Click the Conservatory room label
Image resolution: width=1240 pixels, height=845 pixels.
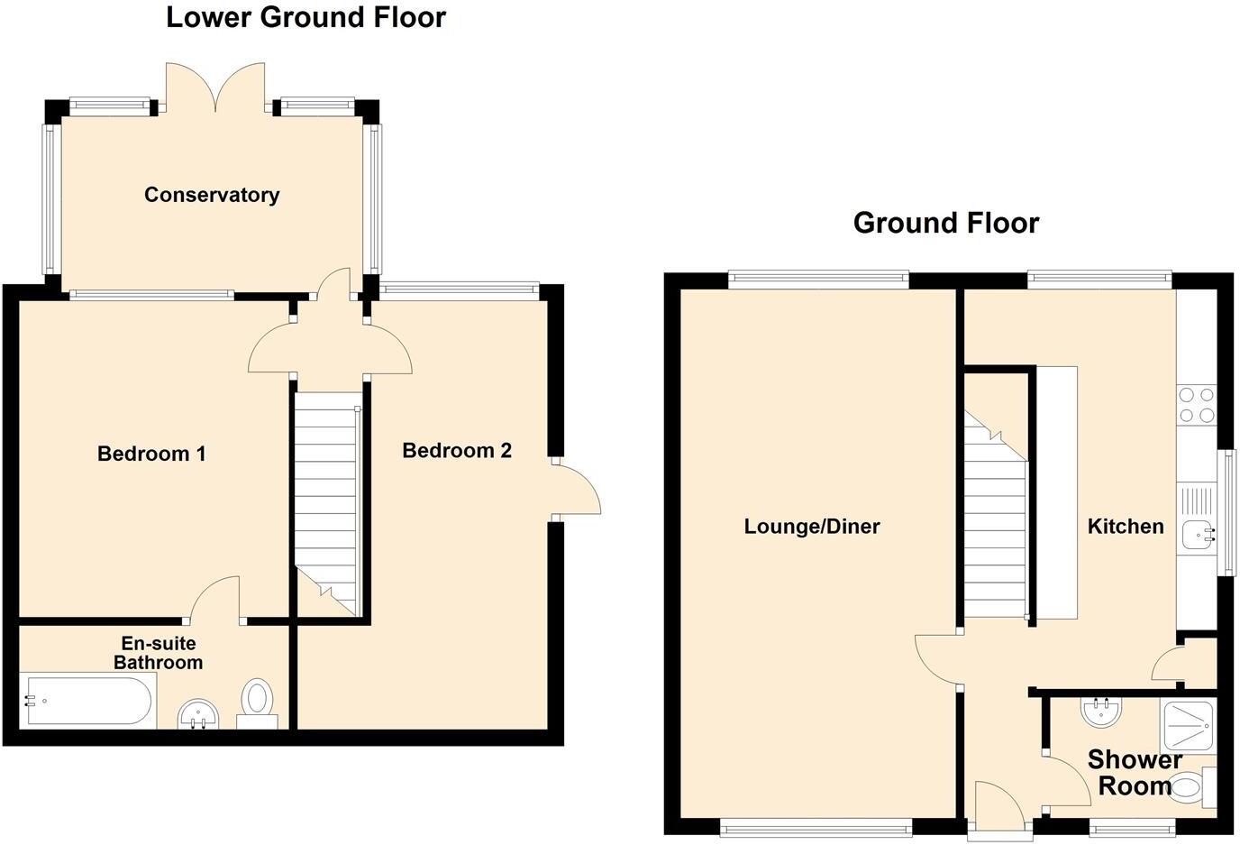(x=212, y=195)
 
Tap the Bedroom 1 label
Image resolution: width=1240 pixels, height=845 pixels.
(x=151, y=454)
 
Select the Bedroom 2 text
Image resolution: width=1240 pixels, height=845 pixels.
(x=457, y=451)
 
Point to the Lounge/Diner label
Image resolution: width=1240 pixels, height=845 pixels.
(x=811, y=527)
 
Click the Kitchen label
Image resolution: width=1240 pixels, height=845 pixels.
(x=1126, y=527)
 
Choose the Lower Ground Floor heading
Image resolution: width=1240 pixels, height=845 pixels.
(x=305, y=17)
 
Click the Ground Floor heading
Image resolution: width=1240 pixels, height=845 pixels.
(x=946, y=223)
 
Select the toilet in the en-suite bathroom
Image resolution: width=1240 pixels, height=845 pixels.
(x=258, y=702)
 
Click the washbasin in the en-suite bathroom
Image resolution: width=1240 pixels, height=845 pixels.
(x=198, y=714)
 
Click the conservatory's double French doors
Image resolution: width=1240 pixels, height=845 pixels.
(x=216, y=88)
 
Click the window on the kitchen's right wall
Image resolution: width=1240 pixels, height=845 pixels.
(x=1226, y=512)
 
